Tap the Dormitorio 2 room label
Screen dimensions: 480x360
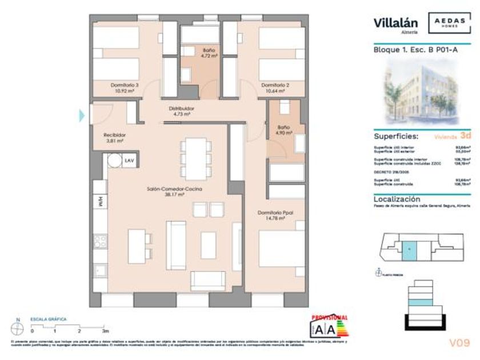click(x=275, y=85)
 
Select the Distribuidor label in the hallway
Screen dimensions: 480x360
click(x=181, y=108)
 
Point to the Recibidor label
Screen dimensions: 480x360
click(x=114, y=135)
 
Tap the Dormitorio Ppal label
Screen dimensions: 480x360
click(x=275, y=213)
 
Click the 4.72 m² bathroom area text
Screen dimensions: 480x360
click(x=209, y=57)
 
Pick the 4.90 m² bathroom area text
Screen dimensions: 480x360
click(x=285, y=133)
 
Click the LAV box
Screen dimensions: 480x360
click(x=129, y=161)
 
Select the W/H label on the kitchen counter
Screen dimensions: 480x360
click(x=99, y=201)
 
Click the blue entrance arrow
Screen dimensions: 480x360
click(x=82, y=115)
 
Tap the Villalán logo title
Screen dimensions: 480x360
click(x=395, y=23)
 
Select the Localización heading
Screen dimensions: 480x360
click(x=397, y=199)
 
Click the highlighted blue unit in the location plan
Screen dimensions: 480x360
click(x=409, y=250)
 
